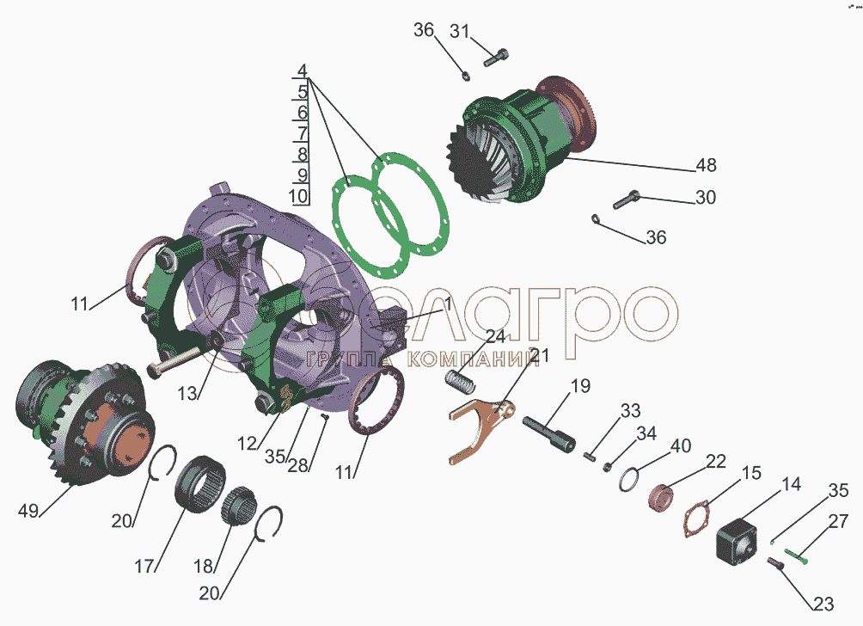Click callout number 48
706,165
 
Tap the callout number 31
460,31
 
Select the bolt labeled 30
627,199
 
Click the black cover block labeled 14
737,539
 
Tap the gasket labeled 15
697,519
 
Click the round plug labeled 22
658,497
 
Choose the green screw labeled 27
797,555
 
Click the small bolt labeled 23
775,563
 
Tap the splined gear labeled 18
239,506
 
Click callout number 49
28,511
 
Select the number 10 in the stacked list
298,196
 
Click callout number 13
187,393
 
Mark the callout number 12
247,443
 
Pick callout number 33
631,411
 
